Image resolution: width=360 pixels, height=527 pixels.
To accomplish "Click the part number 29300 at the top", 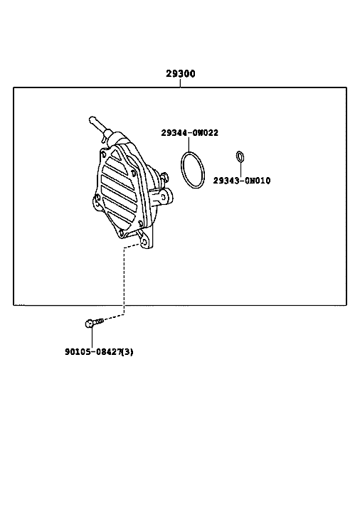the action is (181, 73).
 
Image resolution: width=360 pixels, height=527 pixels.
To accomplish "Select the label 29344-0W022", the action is (189, 133).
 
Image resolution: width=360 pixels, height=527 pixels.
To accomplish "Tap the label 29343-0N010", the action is (242, 181).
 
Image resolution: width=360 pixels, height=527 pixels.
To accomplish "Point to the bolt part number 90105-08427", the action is (93, 352).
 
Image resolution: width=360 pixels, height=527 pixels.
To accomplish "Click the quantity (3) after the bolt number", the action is (127, 352).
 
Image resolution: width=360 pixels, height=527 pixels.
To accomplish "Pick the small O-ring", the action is (240, 156).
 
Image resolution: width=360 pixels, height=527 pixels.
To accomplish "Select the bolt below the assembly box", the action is (95, 323).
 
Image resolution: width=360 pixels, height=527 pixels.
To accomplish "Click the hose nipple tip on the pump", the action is (92, 119).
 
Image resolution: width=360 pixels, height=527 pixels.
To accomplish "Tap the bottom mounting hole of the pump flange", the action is (144, 242).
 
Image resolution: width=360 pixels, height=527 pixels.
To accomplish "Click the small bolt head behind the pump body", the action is (164, 176).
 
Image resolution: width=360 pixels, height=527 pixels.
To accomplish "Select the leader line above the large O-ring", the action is (189, 144).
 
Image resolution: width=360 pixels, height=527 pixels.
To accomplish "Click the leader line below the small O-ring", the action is (240, 169).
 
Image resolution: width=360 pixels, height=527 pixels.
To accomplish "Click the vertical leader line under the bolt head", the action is (92, 338).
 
